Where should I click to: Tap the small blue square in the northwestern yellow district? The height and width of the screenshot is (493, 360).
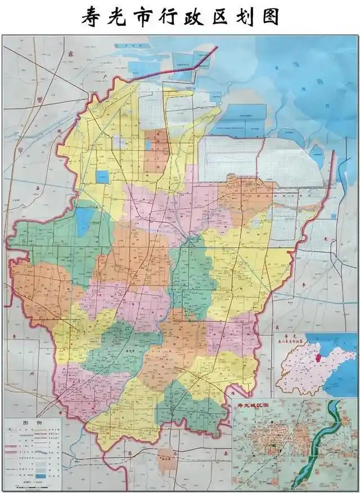(102, 177)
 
